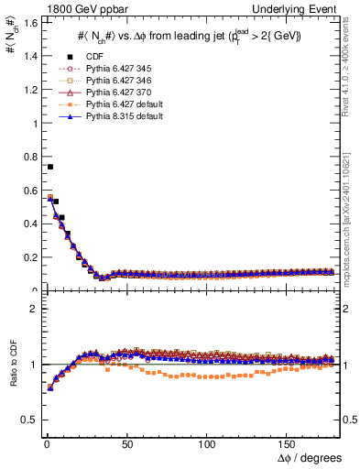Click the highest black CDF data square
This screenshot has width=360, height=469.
click(x=49, y=167)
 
